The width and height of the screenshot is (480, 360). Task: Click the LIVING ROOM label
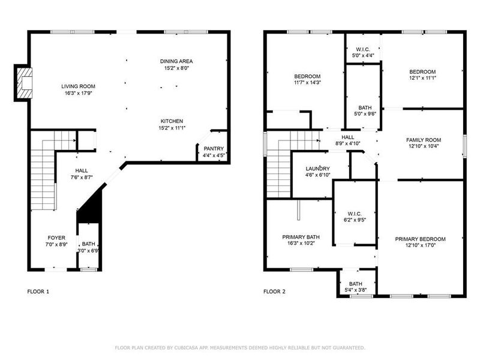(x=79, y=86)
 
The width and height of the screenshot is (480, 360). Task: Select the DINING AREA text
(x=176, y=61)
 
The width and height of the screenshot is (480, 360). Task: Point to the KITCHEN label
(x=172, y=121)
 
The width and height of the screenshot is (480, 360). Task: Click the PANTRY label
(x=214, y=148)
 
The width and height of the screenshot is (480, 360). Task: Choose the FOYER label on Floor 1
(x=56, y=238)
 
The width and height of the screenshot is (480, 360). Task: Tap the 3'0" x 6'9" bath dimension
(x=88, y=251)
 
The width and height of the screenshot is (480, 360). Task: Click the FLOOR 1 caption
(x=38, y=292)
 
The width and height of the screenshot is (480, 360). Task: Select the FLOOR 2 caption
(x=274, y=292)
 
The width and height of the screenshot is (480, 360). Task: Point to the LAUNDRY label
(x=318, y=168)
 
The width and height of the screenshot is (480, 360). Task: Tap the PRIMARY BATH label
(x=298, y=237)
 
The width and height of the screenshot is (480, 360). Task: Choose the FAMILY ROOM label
(x=424, y=139)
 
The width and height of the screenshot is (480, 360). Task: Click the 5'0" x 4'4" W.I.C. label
(x=363, y=56)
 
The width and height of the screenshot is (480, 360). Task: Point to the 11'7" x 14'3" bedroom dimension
(x=307, y=83)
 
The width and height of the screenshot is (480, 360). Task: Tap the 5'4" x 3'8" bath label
(x=356, y=290)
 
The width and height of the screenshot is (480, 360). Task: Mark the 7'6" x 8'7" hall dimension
(x=82, y=178)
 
